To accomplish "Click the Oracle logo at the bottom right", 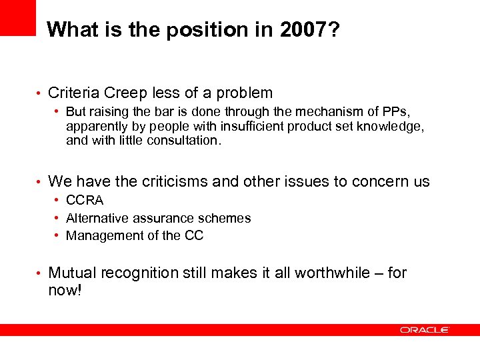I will (425, 330).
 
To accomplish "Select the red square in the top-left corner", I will (17, 17).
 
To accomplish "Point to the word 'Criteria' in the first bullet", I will (75, 93).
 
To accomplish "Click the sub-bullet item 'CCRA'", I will (85, 201).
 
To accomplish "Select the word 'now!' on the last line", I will (65, 291).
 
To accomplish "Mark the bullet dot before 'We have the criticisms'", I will (40, 182).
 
